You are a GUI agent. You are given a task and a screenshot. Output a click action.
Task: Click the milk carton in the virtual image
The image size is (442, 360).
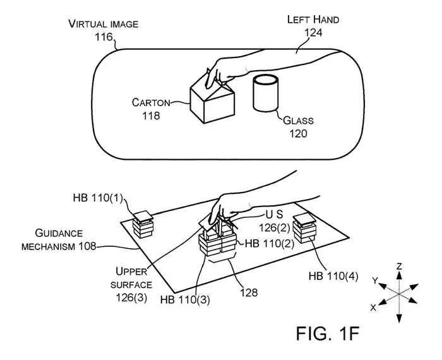(212, 99)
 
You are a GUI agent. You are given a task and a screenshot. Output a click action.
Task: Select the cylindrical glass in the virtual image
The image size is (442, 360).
(266, 93)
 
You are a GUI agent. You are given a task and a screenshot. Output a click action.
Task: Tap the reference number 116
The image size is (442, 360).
(104, 37)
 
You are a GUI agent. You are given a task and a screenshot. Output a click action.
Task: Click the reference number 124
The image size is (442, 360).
(313, 33)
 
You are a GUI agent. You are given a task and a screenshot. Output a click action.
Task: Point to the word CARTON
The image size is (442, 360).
(151, 102)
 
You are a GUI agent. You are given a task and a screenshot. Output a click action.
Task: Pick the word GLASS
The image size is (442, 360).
(298, 121)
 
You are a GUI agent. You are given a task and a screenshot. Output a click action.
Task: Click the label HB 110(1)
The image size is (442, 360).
(98, 198)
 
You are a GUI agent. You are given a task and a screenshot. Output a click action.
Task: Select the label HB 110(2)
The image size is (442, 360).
(270, 243)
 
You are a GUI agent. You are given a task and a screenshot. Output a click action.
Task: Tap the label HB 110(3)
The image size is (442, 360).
(185, 299)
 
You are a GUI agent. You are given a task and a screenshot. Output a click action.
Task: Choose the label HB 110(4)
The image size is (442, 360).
(333, 276)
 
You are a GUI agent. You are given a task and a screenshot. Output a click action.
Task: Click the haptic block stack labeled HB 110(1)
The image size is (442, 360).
(143, 224)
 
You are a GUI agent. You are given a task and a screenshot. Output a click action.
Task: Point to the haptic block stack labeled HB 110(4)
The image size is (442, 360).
(304, 228)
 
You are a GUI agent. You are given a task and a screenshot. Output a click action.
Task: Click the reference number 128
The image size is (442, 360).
(249, 292)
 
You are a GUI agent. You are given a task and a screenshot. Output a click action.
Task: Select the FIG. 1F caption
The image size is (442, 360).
(328, 333)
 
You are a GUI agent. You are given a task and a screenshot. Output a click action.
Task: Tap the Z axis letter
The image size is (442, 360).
(399, 267)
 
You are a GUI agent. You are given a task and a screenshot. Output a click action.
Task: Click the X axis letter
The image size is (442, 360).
(373, 308)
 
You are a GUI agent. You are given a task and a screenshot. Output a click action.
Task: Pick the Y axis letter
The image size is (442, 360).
(374, 280)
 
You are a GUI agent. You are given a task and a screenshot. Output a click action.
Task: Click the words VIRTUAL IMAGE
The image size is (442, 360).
(104, 24)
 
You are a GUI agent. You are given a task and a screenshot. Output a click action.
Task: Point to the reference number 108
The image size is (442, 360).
(87, 246)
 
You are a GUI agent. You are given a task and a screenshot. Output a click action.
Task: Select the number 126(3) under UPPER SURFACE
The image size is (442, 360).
(131, 297)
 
